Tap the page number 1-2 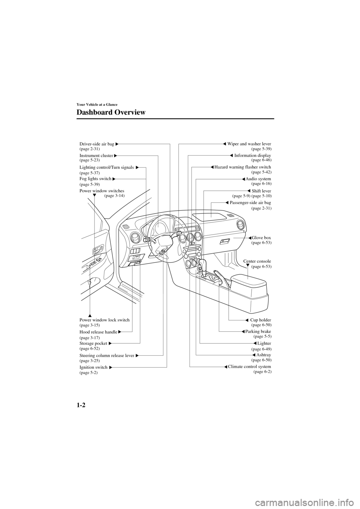click(82, 407)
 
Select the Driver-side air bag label click(97, 144)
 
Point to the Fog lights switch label click(95, 179)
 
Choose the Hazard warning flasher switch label click(243, 167)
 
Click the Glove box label click(261, 238)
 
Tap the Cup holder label click(260, 320)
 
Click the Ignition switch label click(93, 367)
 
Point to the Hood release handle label click(98, 332)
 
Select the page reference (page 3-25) click(90, 360)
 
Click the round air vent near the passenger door click(240, 226)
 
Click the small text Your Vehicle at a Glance click(97, 104)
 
